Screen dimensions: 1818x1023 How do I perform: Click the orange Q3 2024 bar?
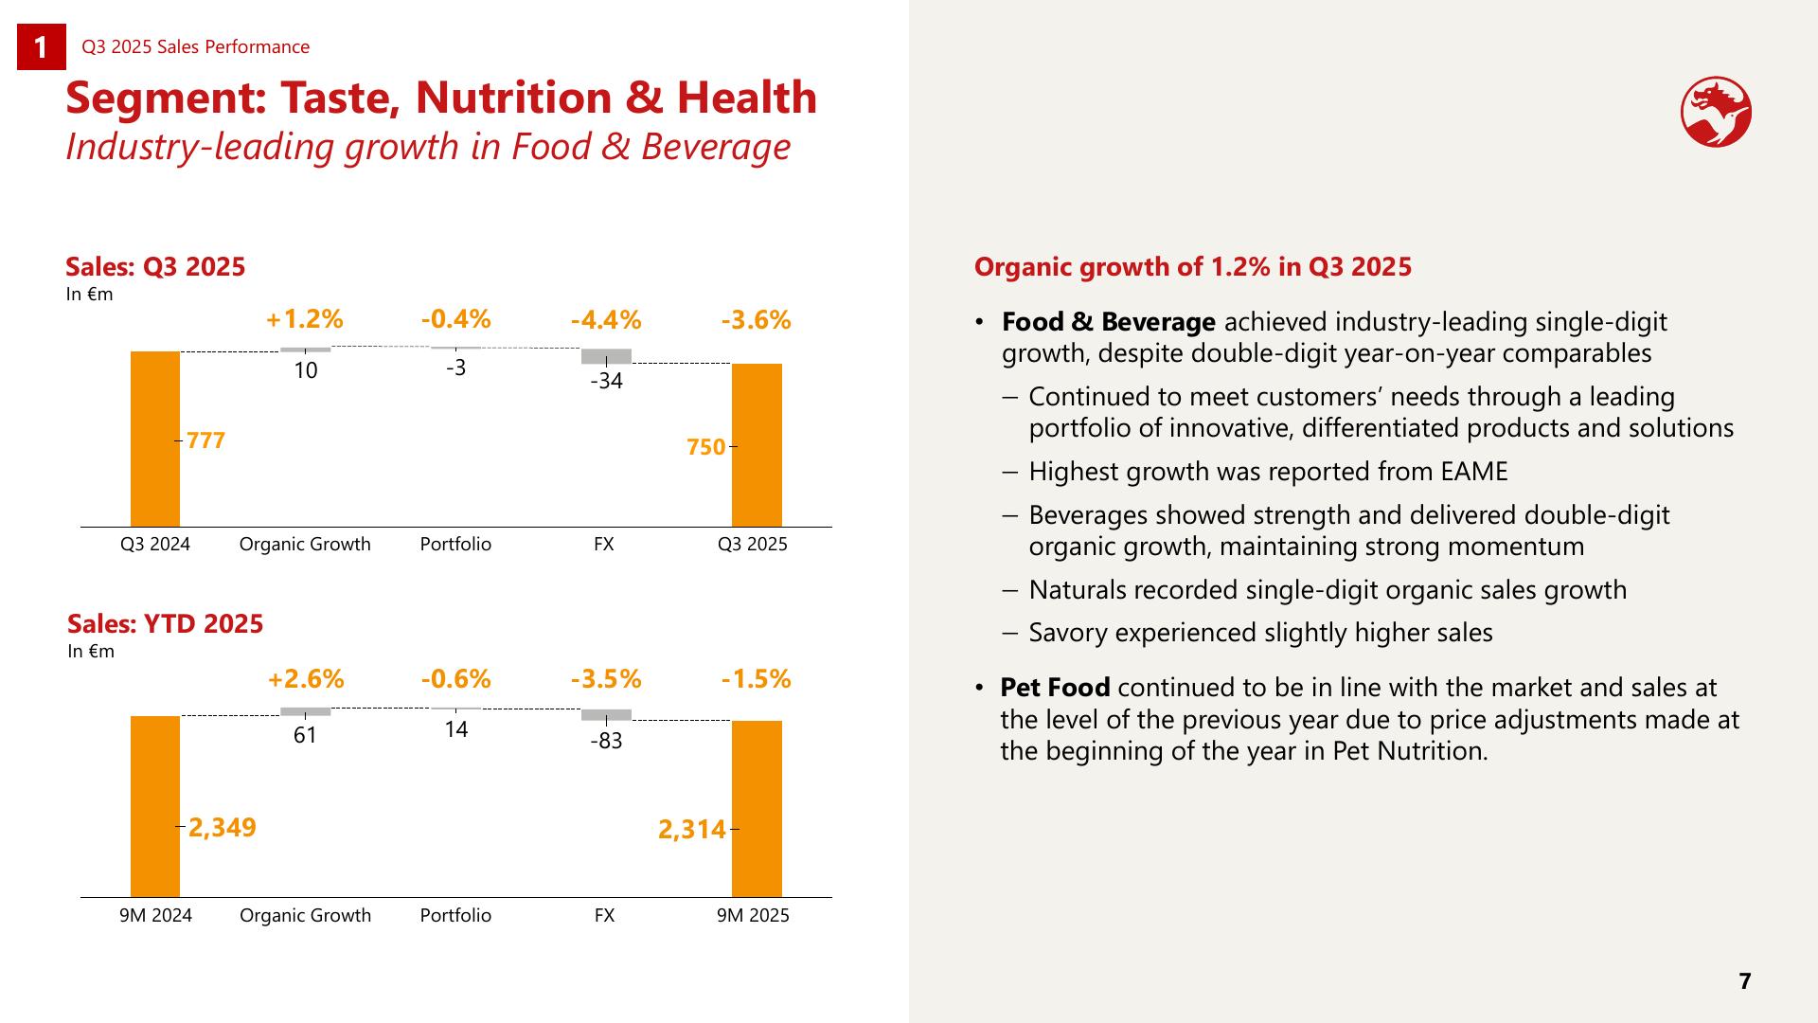pos(155,439)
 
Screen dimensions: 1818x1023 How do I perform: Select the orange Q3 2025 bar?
pos(757,445)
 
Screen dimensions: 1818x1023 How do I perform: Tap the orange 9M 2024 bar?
pos(155,806)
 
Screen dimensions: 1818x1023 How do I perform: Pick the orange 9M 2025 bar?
pos(757,809)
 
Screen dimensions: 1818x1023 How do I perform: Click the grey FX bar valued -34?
pos(606,356)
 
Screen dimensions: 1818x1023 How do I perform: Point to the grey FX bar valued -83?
pos(606,715)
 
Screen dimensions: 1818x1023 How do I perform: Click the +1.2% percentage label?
pos(305,319)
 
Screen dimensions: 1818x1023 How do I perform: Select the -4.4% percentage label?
pos(606,320)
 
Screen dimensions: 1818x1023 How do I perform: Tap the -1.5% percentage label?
pos(756,678)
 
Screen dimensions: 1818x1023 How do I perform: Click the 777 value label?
pos(206,440)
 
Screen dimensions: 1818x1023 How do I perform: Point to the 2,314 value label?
pos(692,830)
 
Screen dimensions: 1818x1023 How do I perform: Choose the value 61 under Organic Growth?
pos(305,735)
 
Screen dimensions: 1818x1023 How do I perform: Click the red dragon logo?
pos(1716,112)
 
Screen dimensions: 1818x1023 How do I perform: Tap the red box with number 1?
pos(42,47)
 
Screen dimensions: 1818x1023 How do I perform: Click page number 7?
pos(1745,981)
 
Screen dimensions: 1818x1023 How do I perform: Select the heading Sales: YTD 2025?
pos(166,623)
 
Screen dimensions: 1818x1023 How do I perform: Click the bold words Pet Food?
pos(1055,687)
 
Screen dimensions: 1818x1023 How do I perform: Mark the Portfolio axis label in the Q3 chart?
pos(455,544)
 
